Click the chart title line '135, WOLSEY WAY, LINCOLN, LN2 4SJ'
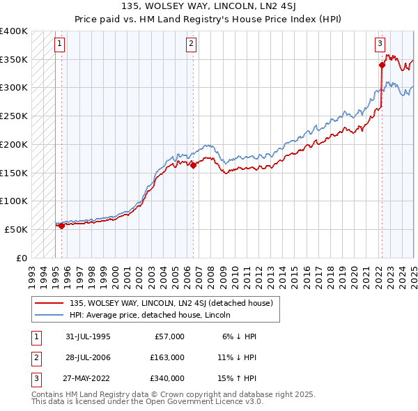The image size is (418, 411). pyautogui.click(x=208, y=6)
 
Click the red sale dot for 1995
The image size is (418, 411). pyautogui.click(x=61, y=225)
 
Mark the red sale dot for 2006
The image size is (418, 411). pyautogui.click(x=192, y=165)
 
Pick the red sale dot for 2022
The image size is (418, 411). pyautogui.click(x=382, y=65)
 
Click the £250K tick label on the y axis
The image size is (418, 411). pyautogui.click(x=15, y=116)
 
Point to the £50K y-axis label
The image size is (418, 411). pyautogui.click(x=17, y=229)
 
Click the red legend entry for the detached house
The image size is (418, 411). pyautogui.click(x=175, y=303)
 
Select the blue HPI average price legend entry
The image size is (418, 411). pyautogui.click(x=154, y=315)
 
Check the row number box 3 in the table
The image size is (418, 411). pyautogui.click(x=36, y=378)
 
